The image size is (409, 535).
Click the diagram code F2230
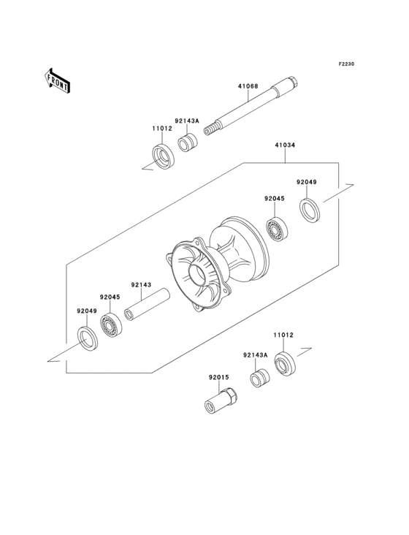point(346,64)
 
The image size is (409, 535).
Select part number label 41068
point(248,86)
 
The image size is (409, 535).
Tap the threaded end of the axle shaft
point(210,130)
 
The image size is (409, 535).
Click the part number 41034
point(285,145)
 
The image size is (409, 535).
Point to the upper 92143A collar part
point(188,144)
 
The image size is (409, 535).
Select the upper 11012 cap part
point(163,156)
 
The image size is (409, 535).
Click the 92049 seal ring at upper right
point(311,210)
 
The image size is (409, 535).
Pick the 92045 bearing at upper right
point(276,229)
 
